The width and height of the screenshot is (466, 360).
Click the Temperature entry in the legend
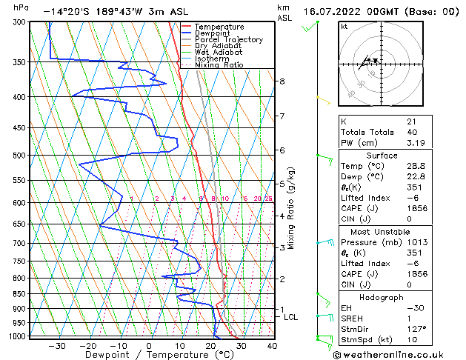tap(220, 27)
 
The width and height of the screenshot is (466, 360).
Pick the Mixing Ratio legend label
tap(219, 65)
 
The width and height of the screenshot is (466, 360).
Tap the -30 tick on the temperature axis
tap(56, 346)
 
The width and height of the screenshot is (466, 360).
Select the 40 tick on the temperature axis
tap(272, 346)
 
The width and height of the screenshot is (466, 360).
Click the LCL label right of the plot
tap(291, 317)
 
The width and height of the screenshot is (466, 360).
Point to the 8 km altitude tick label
tap(282, 81)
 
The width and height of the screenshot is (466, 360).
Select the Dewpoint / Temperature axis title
tap(148, 356)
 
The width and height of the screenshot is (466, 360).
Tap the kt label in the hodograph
tap(344, 27)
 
